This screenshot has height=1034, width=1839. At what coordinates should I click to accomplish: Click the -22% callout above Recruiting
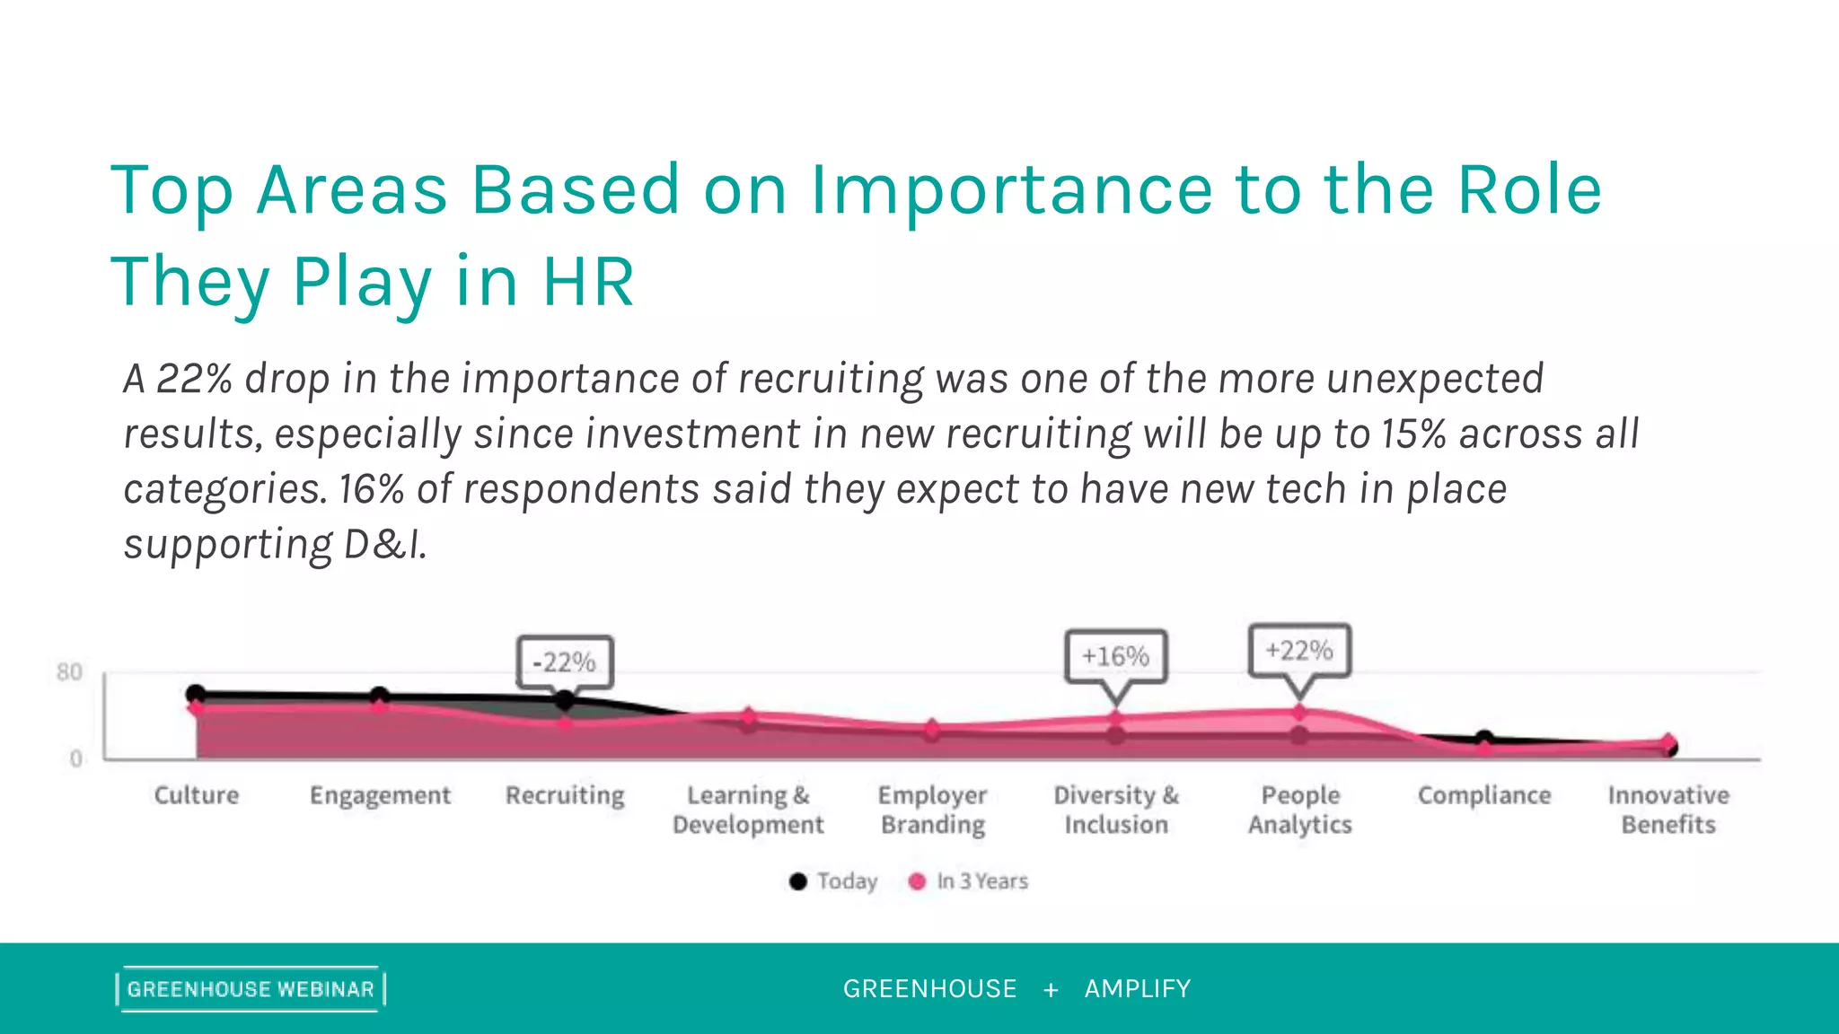pyautogui.click(x=565, y=662)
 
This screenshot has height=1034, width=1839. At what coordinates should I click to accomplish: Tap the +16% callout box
pyautogui.click(x=1115, y=656)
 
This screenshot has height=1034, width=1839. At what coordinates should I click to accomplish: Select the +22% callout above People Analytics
pyautogui.click(x=1299, y=650)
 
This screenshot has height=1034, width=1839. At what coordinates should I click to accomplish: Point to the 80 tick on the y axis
pyautogui.click(x=69, y=672)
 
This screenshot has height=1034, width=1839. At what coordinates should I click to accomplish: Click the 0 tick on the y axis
pyautogui.click(x=75, y=759)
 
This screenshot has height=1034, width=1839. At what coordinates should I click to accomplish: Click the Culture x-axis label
pyautogui.click(x=197, y=795)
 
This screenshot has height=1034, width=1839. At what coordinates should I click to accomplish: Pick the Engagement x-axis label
pyautogui.click(x=380, y=796)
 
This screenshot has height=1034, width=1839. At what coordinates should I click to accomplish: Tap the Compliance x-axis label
pyautogui.click(x=1484, y=795)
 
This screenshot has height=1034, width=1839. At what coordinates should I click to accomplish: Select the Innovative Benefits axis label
pyautogui.click(x=1668, y=810)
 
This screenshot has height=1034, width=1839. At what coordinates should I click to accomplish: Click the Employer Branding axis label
pyautogui.click(x=933, y=810)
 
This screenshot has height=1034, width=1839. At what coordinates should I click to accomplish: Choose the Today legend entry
pyautogui.click(x=833, y=881)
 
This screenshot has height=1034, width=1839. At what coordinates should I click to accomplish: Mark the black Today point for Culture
pyautogui.click(x=196, y=694)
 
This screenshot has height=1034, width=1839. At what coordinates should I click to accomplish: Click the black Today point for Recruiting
pyautogui.click(x=565, y=700)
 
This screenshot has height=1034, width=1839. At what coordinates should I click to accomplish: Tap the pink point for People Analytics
pyautogui.click(x=1299, y=713)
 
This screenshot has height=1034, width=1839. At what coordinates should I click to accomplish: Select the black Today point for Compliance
pyautogui.click(x=1484, y=739)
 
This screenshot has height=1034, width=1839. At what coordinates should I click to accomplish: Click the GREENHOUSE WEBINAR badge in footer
pyautogui.click(x=251, y=989)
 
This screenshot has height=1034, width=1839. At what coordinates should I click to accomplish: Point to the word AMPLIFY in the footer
pyautogui.click(x=1137, y=989)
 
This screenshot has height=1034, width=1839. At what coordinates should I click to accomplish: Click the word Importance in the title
pyautogui.click(x=1011, y=190)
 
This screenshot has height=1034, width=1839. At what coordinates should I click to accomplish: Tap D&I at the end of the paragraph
pyautogui.click(x=385, y=545)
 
